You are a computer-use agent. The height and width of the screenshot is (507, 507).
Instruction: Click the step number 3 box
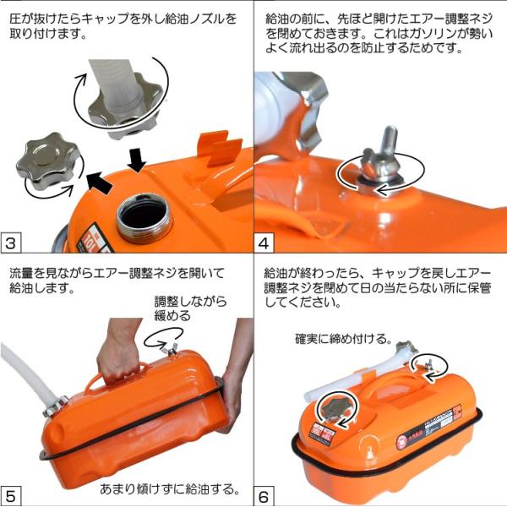(x=10, y=243)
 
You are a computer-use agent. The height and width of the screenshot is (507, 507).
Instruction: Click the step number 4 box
(x=264, y=243)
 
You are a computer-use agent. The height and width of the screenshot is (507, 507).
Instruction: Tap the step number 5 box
(x=10, y=496)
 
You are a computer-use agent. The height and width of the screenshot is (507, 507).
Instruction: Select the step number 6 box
(x=264, y=496)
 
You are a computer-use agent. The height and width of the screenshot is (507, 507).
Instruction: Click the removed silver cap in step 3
(x=48, y=160)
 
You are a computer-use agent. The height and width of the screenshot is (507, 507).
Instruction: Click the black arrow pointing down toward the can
(x=137, y=160)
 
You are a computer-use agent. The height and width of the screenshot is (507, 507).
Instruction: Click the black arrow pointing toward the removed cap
(x=100, y=183)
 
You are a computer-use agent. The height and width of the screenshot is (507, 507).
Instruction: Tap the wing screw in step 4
(x=382, y=161)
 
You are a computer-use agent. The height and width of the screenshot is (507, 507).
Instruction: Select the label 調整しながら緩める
(x=190, y=308)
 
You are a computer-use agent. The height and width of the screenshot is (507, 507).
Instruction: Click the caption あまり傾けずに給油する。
(x=170, y=489)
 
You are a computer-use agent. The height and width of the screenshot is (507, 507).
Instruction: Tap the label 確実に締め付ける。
(x=343, y=339)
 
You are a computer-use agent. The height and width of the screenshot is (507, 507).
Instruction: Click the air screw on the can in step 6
(x=429, y=364)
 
